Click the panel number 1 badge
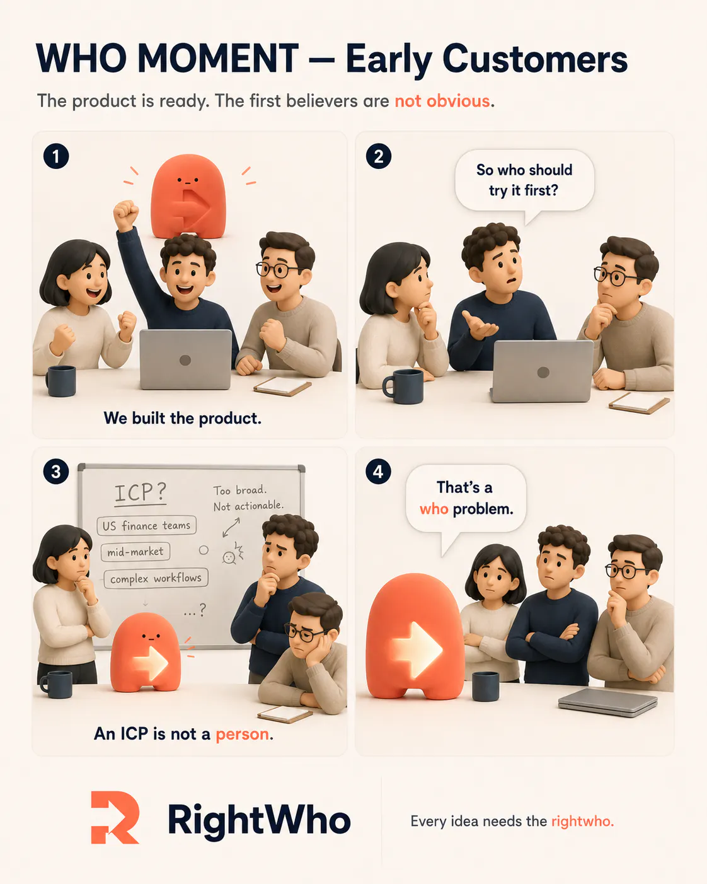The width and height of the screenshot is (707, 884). pos(56,156)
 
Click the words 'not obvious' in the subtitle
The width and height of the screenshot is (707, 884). pos(442,101)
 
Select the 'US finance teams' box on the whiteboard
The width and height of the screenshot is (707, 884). pos(147,525)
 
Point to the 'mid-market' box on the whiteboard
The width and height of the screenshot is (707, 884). pos(135,552)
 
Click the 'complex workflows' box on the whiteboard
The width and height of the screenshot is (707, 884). pos(156,578)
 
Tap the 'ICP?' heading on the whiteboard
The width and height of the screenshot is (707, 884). pos(141,492)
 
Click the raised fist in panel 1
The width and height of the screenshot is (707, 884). pos(125,214)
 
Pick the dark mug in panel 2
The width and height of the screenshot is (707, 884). pos(403,387)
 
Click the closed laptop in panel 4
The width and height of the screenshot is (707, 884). pos(608,702)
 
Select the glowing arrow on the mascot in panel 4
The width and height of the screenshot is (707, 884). pos(417,649)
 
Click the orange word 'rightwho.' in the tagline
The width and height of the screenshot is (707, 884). pos(583,821)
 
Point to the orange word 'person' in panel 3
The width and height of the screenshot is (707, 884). pos(242,734)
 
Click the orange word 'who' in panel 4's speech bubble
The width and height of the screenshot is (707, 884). pos(434,509)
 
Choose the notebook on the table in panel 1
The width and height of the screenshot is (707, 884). pos(282,387)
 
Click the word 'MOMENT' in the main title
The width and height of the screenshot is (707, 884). pos(218,59)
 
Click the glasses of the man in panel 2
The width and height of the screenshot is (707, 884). pos(618,276)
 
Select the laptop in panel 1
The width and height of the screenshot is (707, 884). pos(186,359)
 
